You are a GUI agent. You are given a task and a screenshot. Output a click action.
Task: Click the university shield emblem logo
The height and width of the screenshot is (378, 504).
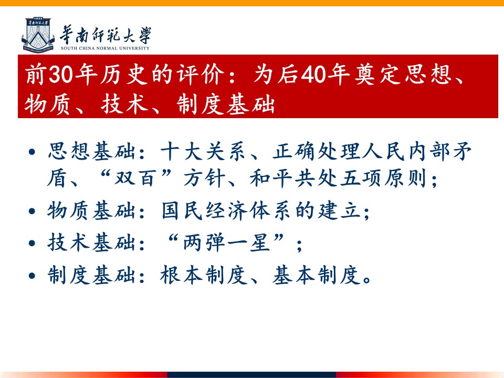click(x=38, y=35)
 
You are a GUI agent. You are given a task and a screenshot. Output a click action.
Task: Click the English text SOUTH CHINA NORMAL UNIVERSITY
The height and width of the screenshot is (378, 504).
click(x=105, y=48)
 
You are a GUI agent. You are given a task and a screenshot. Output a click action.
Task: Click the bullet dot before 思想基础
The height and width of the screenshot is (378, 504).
click(x=32, y=151)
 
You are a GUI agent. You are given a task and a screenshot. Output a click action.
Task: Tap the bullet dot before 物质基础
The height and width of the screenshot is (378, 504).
click(x=32, y=211)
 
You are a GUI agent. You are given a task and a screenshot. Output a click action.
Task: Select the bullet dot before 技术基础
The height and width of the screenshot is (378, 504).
click(x=32, y=243)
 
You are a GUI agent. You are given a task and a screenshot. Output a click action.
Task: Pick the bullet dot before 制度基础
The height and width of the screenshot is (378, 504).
click(x=32, y=276)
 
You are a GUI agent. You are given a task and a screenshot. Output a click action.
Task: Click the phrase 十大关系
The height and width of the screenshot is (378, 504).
click(x=203, y=151)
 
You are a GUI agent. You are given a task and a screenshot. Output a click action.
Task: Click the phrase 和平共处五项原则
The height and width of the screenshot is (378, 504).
click(x=339, y=178)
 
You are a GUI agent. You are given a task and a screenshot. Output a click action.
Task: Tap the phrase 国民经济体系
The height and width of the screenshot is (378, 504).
click(x=226, y=211)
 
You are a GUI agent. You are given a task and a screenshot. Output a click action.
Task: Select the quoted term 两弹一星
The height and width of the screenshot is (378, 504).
click(x=226, y=243)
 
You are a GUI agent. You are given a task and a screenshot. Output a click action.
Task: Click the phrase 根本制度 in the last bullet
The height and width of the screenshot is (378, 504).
click(x=204, y=275)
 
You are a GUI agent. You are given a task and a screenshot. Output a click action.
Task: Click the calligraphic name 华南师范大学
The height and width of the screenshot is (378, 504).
click(x=106, y=35)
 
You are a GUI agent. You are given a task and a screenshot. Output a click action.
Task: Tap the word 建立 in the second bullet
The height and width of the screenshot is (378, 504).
click(x=340, y=211)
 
